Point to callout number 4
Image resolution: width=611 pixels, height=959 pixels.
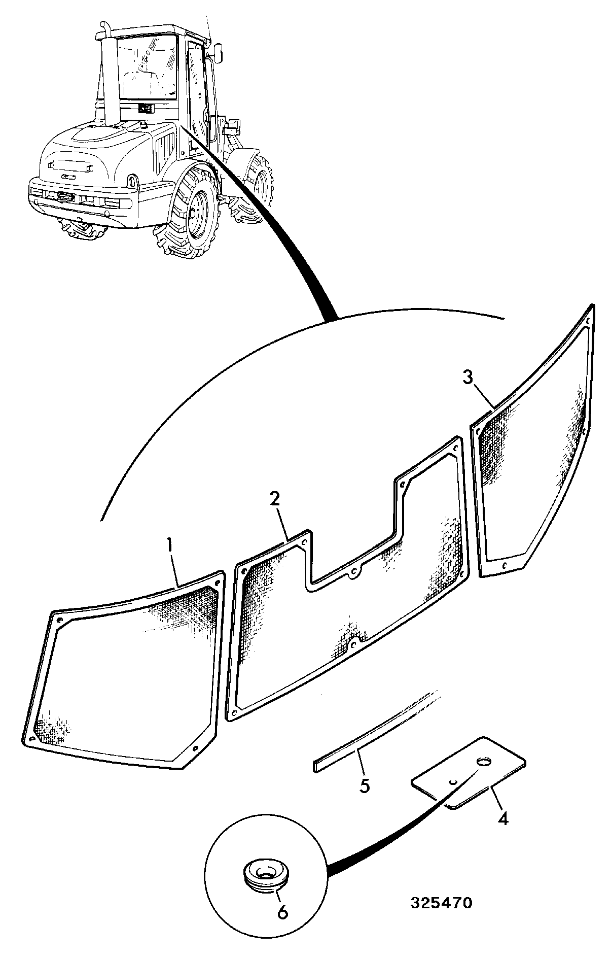click(502, 818)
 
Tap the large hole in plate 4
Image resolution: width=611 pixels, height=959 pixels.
click(485, 762)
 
